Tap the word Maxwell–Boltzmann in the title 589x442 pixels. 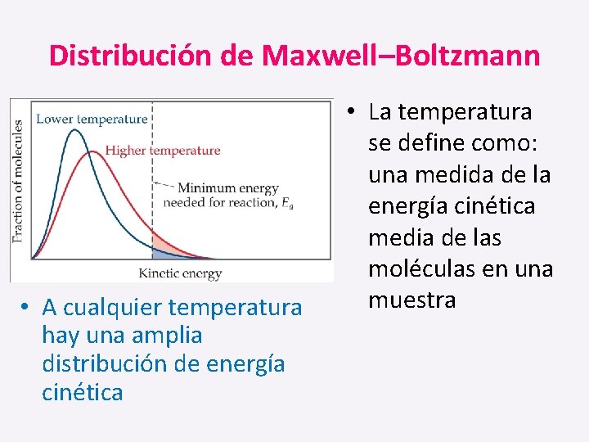click(401, 56)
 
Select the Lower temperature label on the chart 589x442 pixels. click(92, 119)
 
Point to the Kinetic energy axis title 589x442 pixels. click(180, 273)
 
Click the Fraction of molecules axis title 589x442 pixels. click(18, 182)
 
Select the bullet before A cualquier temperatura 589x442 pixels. click(27, 308)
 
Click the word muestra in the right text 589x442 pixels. click(411, 300)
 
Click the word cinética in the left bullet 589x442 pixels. click(82, 392)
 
